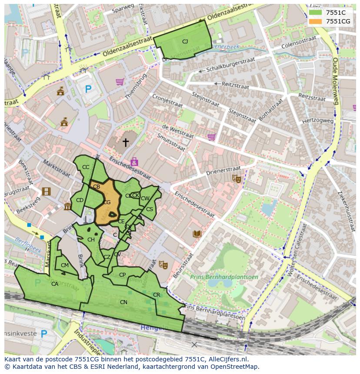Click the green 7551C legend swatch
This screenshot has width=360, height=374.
(316, 13)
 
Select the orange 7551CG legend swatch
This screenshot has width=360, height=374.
(316, 21)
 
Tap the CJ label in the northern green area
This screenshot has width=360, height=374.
(185, 42)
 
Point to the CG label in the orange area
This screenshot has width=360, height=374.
(107, 202)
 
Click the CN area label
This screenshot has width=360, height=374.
(123, 302)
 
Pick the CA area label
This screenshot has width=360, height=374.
(55, 284)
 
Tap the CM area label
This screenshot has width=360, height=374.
(65, 265)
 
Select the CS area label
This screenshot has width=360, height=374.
(149, 209)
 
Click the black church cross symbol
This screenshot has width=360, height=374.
(126, 142)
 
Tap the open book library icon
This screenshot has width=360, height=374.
(197, 234)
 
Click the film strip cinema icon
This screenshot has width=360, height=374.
(46, 191)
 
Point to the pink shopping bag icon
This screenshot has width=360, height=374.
(134, 162)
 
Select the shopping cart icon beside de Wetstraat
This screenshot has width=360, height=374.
(211, 137)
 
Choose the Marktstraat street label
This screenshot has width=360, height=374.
(57, 169)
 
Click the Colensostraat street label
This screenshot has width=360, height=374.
(299, 41)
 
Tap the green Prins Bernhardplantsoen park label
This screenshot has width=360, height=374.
(224, 277)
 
